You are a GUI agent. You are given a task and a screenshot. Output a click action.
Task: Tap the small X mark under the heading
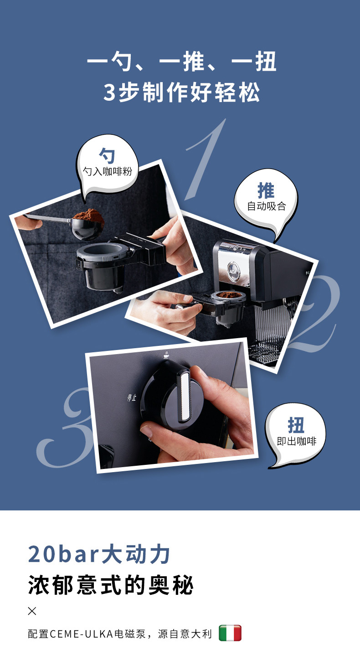[32, 611]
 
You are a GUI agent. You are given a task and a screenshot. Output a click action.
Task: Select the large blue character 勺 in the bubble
[107, 155]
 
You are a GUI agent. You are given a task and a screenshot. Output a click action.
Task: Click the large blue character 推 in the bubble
[266, 190]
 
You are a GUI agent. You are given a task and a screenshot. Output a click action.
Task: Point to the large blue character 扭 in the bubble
[296, 425]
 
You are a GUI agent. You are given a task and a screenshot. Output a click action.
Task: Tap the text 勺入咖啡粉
[108, 171]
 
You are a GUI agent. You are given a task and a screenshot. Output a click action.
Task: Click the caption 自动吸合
[267, 206]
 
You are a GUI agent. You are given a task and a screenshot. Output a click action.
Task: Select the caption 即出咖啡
[297, 441]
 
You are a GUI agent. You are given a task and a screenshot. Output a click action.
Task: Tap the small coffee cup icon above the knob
[166, 355]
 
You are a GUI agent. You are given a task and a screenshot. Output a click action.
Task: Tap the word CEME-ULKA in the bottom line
[82, 633]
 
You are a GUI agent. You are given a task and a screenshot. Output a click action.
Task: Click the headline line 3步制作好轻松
[182, 93]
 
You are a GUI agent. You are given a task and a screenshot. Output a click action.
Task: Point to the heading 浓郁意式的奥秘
[111, 586]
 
